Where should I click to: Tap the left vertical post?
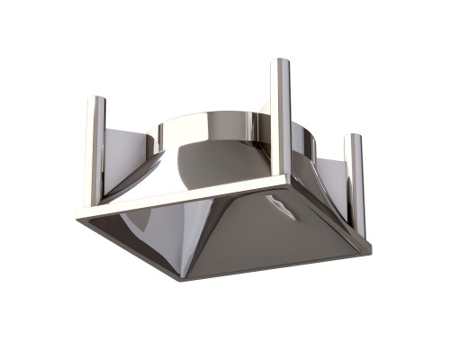click(94, 148)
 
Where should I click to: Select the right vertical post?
click(355, 180)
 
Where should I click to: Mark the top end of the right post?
click(355, 137)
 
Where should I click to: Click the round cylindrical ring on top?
click(216, 130)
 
